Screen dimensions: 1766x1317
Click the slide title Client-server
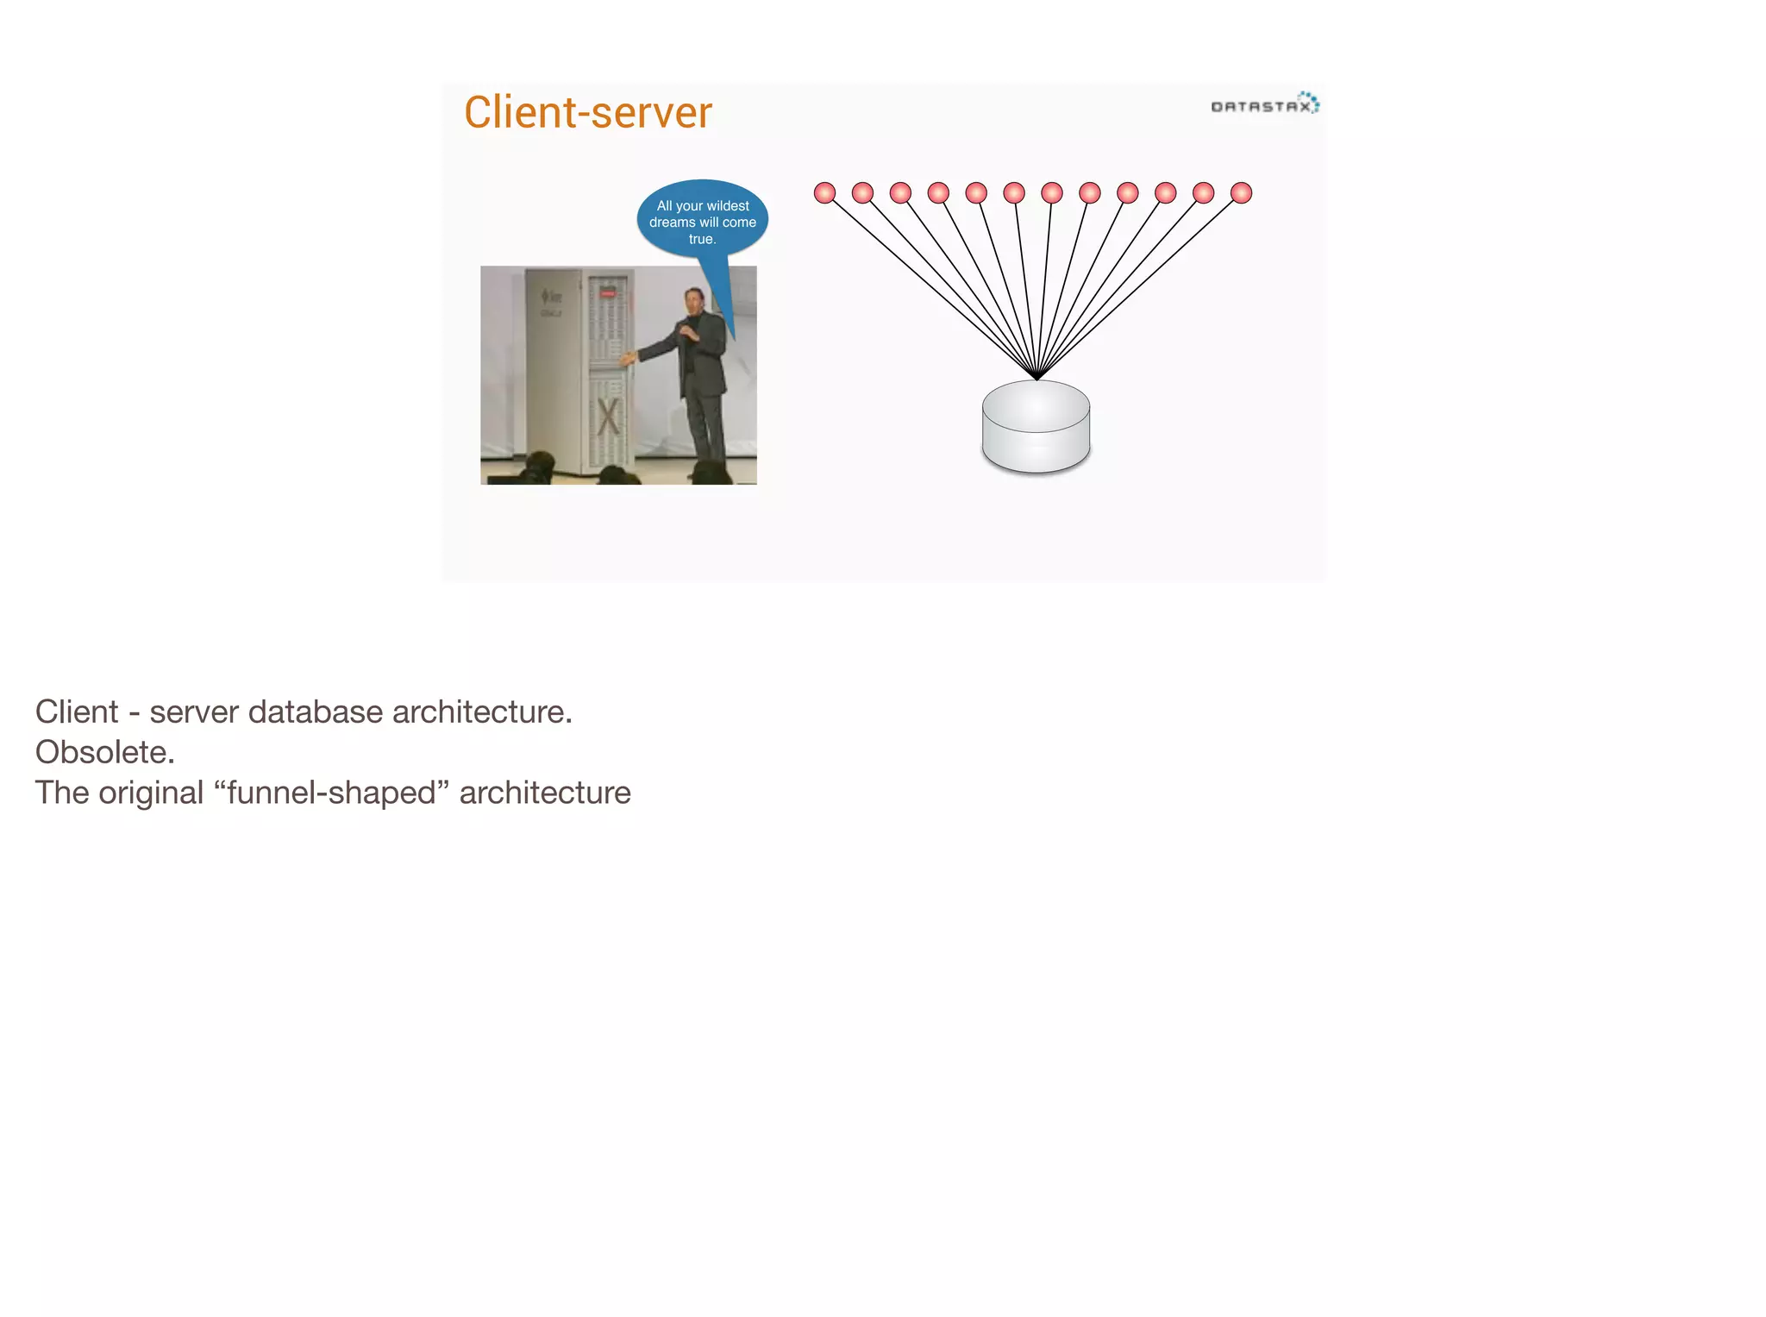pos(588,113)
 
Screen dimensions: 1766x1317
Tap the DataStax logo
pos(1264,105)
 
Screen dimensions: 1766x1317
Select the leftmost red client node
pos(824,192)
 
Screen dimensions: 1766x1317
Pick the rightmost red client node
pos(1241,192)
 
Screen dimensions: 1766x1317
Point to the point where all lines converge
pos(1036,378)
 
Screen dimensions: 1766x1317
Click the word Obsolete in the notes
pos(104,752)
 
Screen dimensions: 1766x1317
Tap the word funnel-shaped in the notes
pos(332,793)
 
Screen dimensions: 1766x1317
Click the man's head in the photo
pos(694,299)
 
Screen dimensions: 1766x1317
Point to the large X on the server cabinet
pos(608,417)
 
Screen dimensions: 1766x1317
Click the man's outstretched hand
pos(627,358)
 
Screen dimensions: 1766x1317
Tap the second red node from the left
pos(862,192)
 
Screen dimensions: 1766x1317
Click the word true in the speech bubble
pos(701,239)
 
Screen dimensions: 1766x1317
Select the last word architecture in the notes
pos(544,793)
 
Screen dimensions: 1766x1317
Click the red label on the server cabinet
pos(608,293)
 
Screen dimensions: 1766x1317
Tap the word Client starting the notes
pos(76,712)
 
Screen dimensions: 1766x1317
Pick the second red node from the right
pos(1203,192)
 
